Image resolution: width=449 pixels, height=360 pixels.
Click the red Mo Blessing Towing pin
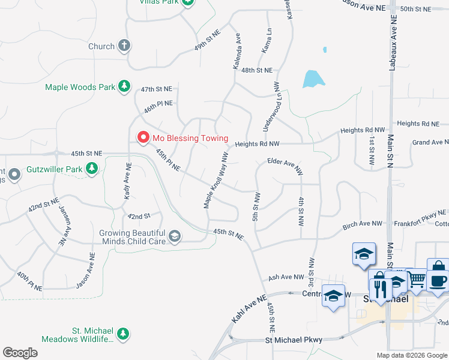click(x=143, y=137)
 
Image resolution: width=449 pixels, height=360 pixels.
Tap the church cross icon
click(x=124, y=46)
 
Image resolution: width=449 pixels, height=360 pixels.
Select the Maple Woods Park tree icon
click(x=124, y=86)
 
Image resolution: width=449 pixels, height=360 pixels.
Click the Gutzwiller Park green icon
click(x=92, y=169)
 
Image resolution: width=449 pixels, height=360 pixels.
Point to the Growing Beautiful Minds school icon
click(x=174, y=237)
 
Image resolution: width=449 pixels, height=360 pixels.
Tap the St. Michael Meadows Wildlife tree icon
click(x=123, y=333)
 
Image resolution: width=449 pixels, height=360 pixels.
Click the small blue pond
click(x=313, y=79)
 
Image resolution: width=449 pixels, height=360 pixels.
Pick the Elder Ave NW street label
click(x=285, y=162)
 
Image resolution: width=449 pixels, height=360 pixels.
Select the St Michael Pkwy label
click(x=294, y=340)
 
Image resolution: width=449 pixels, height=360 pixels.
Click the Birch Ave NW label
click(x=363, y=224)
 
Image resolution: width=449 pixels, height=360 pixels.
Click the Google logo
click(x=20, y=353)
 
